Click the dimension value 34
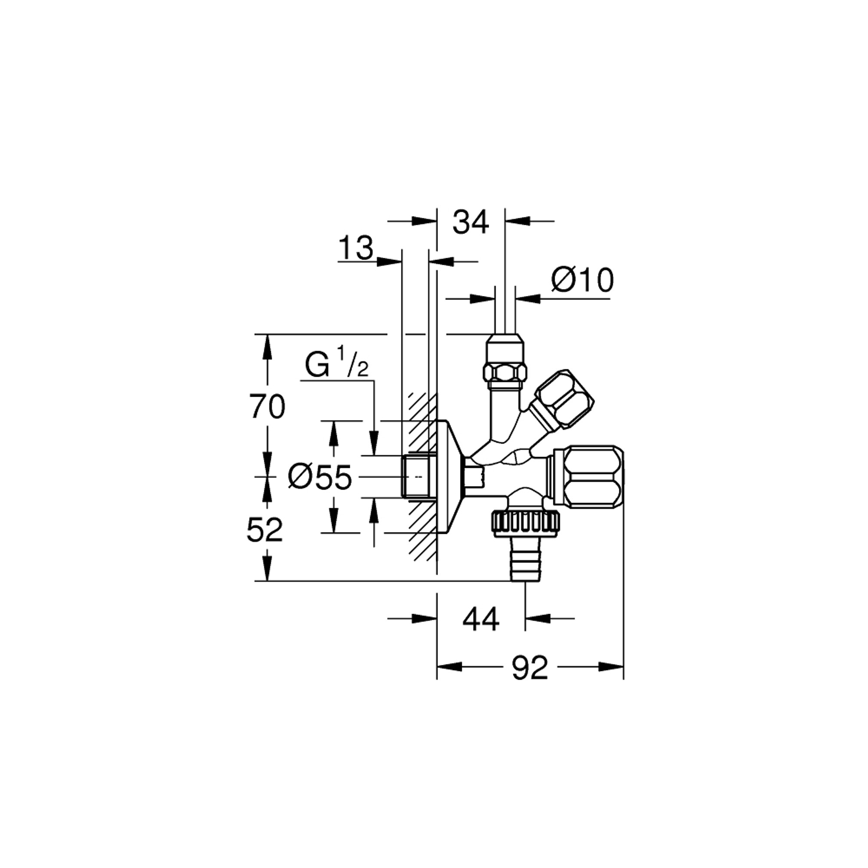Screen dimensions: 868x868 (x=470, y=222)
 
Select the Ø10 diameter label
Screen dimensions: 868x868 (x=582, y=281)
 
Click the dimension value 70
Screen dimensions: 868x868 (x=268, y=407)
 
